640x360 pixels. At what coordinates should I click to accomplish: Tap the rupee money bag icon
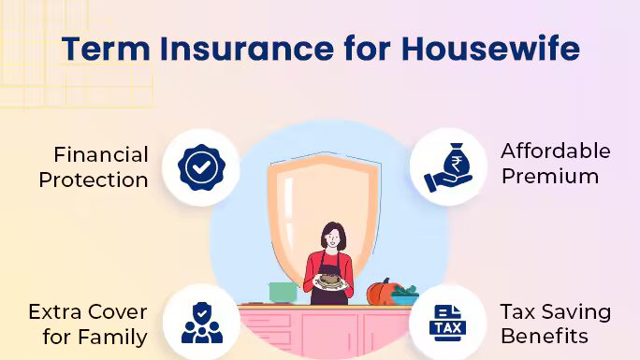pyautogui.click(x=447, y=167)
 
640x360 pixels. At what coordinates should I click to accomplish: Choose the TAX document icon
pyautogui.click(x=447, y=324)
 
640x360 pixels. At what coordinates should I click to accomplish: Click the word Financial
pyautogui.click(x=101, y=154)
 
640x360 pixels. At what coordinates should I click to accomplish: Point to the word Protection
pyautogui.click(x=94, y=180)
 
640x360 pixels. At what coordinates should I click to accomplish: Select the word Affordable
pyautogui.click(x=556, y=151)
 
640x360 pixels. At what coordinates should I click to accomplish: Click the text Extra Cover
pyautogui.click(x=87, y=311)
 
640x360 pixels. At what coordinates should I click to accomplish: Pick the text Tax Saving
pyautogui.click(x=556, y=311)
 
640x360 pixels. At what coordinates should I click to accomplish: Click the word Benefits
pyautogui.click(x=545, y=336)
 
